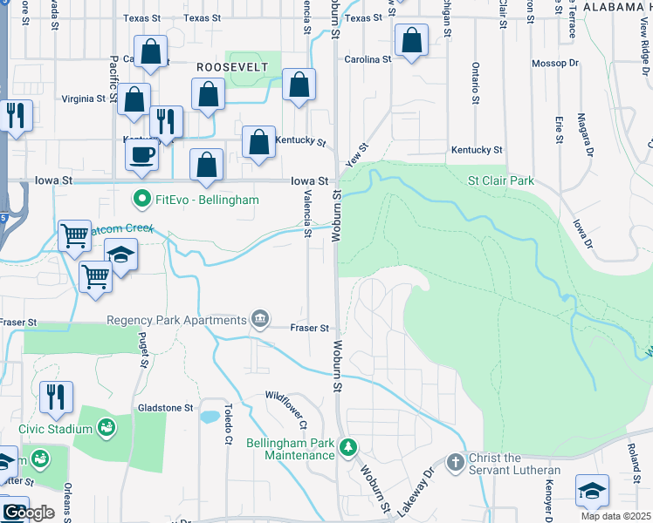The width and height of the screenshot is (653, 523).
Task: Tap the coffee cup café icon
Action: click(x=141, y=155)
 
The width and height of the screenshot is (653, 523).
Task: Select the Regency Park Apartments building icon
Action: click(x=259, y=319)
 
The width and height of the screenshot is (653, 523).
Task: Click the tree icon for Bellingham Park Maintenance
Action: click(x=348, y=446)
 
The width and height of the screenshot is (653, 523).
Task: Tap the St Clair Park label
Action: click(x=500, y=181)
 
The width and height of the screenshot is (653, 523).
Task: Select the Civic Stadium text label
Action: click(x=57, y=429)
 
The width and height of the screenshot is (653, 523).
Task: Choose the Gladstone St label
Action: click(x=165, y=407)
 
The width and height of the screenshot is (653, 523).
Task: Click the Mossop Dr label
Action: click(x=555, y=64)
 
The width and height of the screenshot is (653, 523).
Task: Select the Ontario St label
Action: click(x=476, y=83)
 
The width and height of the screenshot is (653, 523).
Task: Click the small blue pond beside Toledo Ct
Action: click(x=210, y=417)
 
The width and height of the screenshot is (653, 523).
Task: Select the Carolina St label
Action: click(x=367, y=59)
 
